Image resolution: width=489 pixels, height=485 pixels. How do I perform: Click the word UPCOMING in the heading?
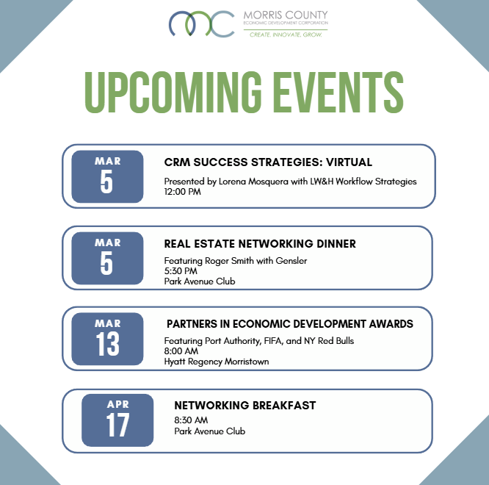pos(167,92)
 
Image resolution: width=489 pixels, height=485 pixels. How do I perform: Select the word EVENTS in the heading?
pos(340,92)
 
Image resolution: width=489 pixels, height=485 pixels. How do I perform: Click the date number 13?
pos(107,344)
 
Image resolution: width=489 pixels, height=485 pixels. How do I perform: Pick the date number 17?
pos(117,425)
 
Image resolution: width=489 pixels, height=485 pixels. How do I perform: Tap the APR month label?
pos(117,404)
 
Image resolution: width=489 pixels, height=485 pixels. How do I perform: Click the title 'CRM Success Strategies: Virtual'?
pos(268,162)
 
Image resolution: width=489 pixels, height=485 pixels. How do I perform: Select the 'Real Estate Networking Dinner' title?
pos(260,244)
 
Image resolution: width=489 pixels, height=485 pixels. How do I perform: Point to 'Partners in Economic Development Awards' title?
pos(290,324)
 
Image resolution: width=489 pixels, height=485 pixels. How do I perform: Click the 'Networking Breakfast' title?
pos(245,406)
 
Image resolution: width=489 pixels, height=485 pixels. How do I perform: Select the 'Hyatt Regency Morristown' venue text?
pos(217,362)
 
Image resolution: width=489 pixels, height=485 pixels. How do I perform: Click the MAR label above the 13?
pos(107,323)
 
